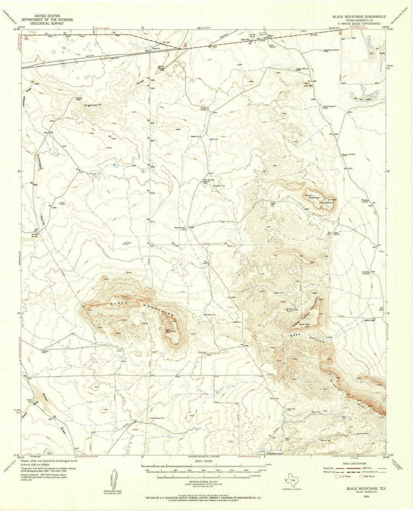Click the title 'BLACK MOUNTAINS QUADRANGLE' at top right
(359, 17)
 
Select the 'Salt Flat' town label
(245, 39)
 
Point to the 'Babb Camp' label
(370, 320)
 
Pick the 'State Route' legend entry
(369, 476)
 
